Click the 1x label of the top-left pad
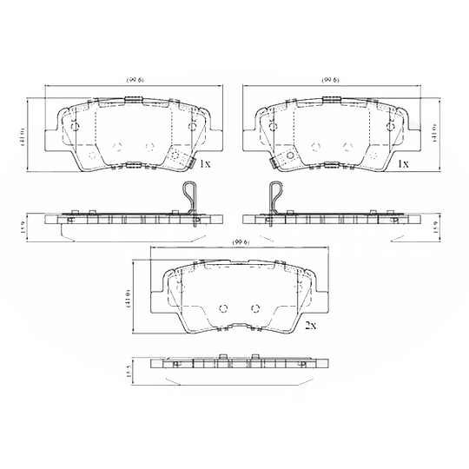[205, 163]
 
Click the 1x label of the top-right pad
[402, 163]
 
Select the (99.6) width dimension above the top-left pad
[135, 79]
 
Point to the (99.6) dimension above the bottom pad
[241, 241]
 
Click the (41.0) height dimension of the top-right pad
[433, 132]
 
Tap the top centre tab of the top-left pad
[135, 102]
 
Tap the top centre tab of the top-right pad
[332, 102]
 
